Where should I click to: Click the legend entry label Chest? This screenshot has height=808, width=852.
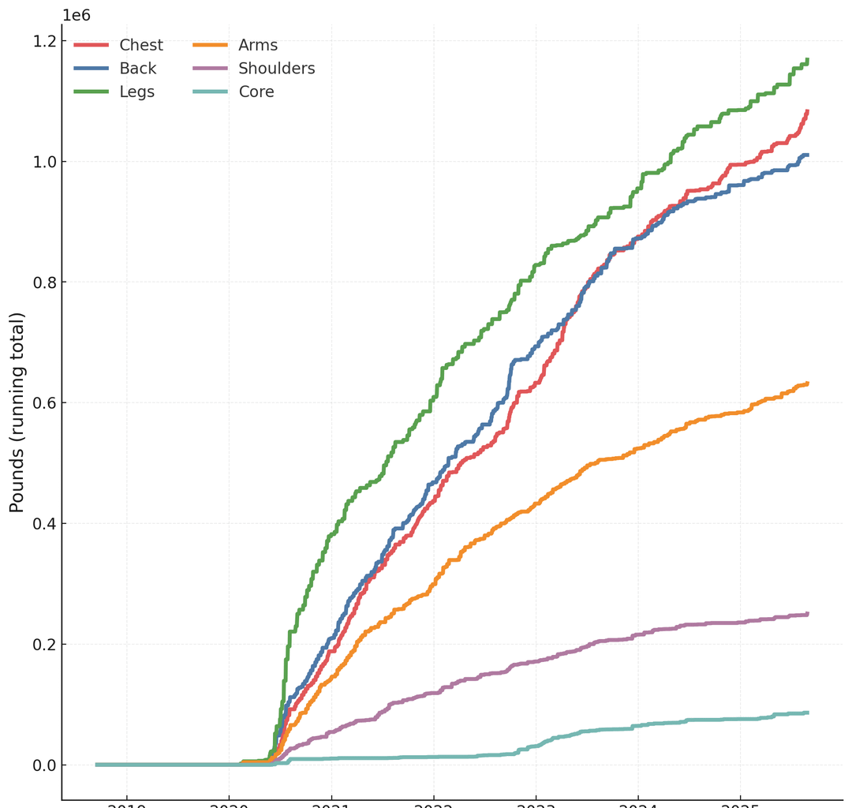[x=141, y=46]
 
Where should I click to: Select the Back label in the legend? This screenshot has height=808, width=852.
[x=137, y=69]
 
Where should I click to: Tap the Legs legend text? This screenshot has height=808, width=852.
[x=136, y=92]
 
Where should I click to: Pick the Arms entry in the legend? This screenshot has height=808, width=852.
[x=258, y=46]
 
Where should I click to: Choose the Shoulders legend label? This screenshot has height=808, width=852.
[x=276, y=69]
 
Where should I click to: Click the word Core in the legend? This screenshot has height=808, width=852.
[x=256, y=92]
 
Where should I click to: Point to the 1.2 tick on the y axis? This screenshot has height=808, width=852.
[x=39, y=41]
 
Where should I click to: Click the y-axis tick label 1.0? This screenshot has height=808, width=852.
[x=39, y=162]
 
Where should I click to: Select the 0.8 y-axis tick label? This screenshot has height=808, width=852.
[x=39, y=282]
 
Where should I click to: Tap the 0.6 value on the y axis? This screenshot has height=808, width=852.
[x=39, y=403]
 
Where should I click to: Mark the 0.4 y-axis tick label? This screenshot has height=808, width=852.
[x=39, y=524]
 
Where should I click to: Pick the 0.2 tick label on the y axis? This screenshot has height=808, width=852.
[x=39, y=645]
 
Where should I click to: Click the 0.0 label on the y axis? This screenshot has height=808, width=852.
[x=39, y=765]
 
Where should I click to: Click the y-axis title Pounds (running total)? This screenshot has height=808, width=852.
[x=17, y=413]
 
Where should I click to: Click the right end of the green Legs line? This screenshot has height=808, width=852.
[x=807, y=60]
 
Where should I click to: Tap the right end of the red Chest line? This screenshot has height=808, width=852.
[x=807, y=111]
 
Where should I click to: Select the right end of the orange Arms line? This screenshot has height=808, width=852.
[x=807, y=383]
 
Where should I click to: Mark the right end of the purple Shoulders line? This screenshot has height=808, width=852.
[x=807, y=614]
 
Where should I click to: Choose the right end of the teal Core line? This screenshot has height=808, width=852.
[x=807, y=713]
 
